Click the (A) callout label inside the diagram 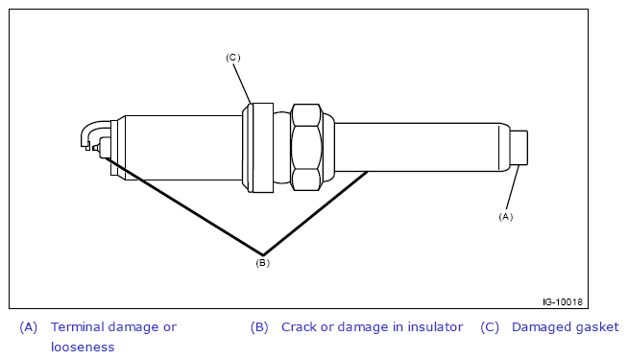click(x=505, y=217)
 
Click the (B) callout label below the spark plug click(x=263, y=263)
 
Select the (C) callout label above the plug click(x=233, y=58)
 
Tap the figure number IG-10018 click(x=563, y=302)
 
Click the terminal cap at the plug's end click(x=519, y=148)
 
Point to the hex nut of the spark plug click(x=306, y=147)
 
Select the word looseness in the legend click(x=83, y=347)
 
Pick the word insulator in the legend click(x=435, y=327)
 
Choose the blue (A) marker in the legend click(x=29, y=327)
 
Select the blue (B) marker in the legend click(x=259, y=327)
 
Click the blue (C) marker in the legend click(x=490, y=327)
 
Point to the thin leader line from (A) click(x=513, y=187)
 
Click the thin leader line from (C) click(x=242, y=84)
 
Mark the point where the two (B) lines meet click(x=263, y=254)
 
